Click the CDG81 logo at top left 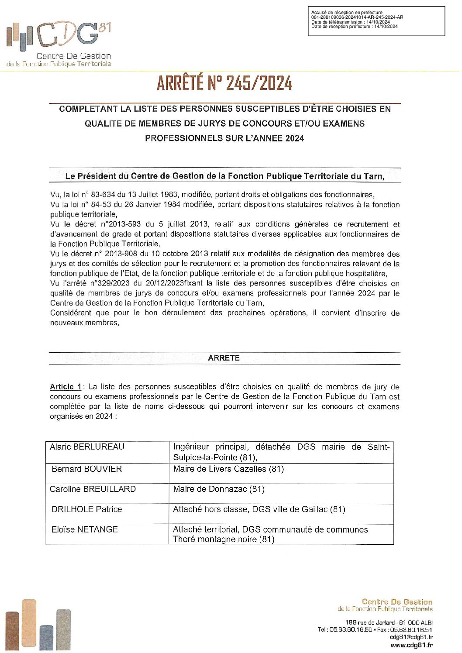tap(59, 44)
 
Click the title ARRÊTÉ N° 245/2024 tap(224, 83)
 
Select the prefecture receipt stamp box tap(376, 21)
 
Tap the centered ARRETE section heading tap(224, 358)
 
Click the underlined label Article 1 tap(66, 387)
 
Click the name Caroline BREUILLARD tap(93, 489)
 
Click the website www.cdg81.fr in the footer tap(411, 645)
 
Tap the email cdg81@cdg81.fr tap(411, 637)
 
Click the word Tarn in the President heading tap(372, 176)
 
